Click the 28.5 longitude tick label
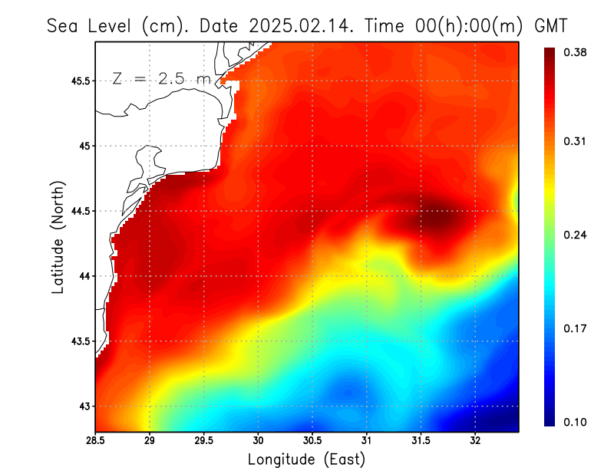pyautogui.click(x=95, y=440)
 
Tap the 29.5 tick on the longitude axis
pyautogui.click(x=204, y=440)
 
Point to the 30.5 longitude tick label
pyautogui.click(x=312, y=440)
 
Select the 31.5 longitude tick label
pyautogui.click(x=421, y=440)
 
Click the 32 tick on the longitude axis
pyautogui.click(x=475, y=440)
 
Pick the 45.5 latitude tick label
pyautogui.click(x=80, y=81)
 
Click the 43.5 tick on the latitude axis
pyautogui.click(x=80, y=341)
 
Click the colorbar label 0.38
pyautogui.click(x=576, y=51)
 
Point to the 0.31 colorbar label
pyautogui.click(x=576, y=141)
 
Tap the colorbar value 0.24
pyautogui.click(x=576, y=235)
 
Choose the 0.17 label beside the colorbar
pyautogui.click(x=576, y=328)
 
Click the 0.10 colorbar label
pyautogui.click(x=576, y=422)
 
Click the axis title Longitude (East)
pyautogui.click(x=306, y=459)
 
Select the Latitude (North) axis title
pyautogui.click(x=58, y=236)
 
